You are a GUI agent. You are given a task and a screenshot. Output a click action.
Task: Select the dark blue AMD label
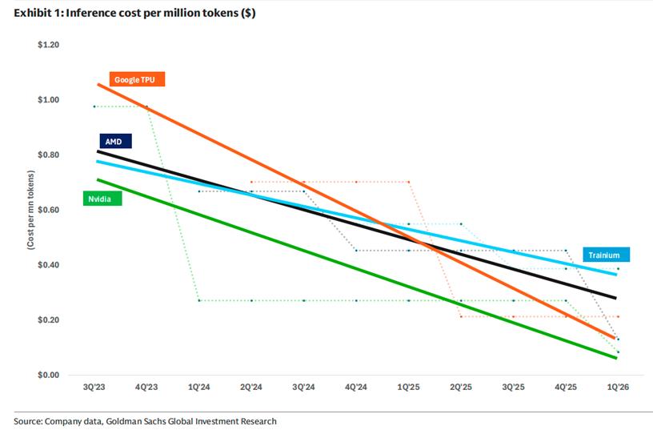(114, 141)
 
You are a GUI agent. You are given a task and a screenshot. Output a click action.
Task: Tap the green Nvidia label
(102, 198)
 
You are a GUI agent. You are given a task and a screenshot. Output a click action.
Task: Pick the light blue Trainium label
(605, 255)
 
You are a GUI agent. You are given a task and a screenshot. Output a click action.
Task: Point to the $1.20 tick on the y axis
(49, 45)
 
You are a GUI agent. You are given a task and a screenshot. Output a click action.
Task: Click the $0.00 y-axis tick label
(49, 375)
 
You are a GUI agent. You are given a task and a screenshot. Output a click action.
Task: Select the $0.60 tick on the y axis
(49, 210)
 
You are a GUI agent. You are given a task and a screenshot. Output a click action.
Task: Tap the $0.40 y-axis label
(49, 265)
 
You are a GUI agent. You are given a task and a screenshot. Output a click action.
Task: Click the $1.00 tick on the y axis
(49, 100)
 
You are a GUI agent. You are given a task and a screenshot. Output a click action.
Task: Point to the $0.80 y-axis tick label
(49, 155)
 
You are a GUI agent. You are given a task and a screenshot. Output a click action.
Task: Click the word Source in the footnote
(27, 420)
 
